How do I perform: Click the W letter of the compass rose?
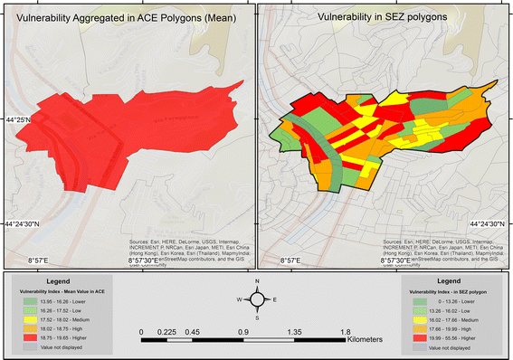240,299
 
